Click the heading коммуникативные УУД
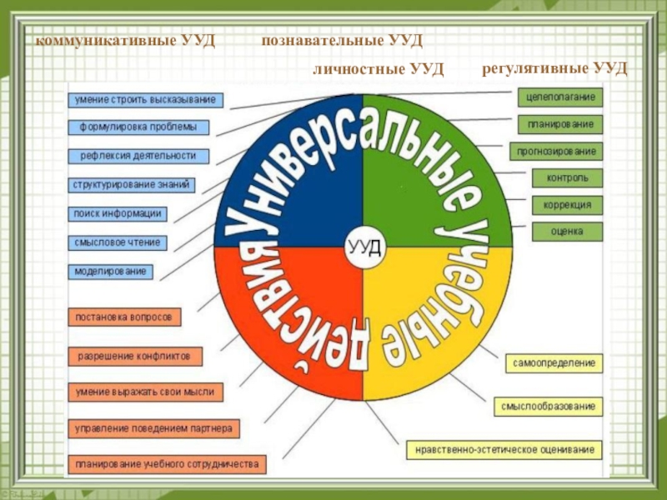pyautogui.click(x=125, y=40)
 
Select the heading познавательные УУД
pyautogui.click(x=343, y=40)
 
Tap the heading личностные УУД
pyautogui.click(x=378, y=67)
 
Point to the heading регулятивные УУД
pyautogui.click(x=554, y=67)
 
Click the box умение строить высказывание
pyautogui.click(x=146, y=100)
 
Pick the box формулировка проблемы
pyautogui.click(x=138, y=127)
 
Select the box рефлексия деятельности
pyautogui.click(x=138, y=155)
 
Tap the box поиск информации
pyautogui.click(x=117, y=213)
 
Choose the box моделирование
pyautogui.click(x=110, y=271)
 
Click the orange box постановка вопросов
pyautogui.click(x=124, y=317)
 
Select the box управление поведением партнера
pyautogui.click(x=154, y=428)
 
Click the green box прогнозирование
pyautogui.click(x=556, y=152)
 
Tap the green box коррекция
pyautogui.click(x=568, y=204)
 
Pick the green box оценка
pyautogui.click(x=567, y=231)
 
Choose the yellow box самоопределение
pyautogui.click(x=554, y=364)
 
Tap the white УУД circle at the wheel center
pyautogui.click(x=364, y=246)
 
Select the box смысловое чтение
pyautogui.click(x=117, y=242)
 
